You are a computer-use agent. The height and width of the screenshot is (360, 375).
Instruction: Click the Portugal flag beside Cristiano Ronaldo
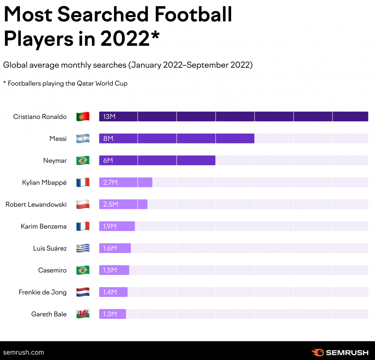83,117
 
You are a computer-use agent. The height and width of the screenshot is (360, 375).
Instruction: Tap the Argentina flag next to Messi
83,139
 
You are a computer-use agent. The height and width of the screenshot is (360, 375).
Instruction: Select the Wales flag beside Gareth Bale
83,314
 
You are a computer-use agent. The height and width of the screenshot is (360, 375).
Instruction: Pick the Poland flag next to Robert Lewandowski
83,205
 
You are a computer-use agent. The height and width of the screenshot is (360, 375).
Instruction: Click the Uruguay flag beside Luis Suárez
83,248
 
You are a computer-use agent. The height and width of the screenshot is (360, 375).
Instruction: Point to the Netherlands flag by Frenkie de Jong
83,292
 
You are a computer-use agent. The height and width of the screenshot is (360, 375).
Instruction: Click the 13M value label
109,117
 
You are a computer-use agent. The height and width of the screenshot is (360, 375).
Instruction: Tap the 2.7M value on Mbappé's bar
110,183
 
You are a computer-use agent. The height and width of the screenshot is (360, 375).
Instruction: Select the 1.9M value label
110,227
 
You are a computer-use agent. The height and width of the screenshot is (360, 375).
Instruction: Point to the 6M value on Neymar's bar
108,161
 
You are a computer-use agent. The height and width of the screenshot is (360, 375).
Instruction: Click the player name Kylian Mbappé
44,183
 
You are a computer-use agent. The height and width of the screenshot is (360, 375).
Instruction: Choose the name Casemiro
52,270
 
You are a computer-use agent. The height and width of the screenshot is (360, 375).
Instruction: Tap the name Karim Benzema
44,227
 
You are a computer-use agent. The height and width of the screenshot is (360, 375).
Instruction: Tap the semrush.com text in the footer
23,352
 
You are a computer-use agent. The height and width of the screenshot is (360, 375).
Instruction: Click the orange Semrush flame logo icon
317,353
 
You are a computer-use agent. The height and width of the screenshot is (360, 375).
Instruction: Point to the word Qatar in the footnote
85,84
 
